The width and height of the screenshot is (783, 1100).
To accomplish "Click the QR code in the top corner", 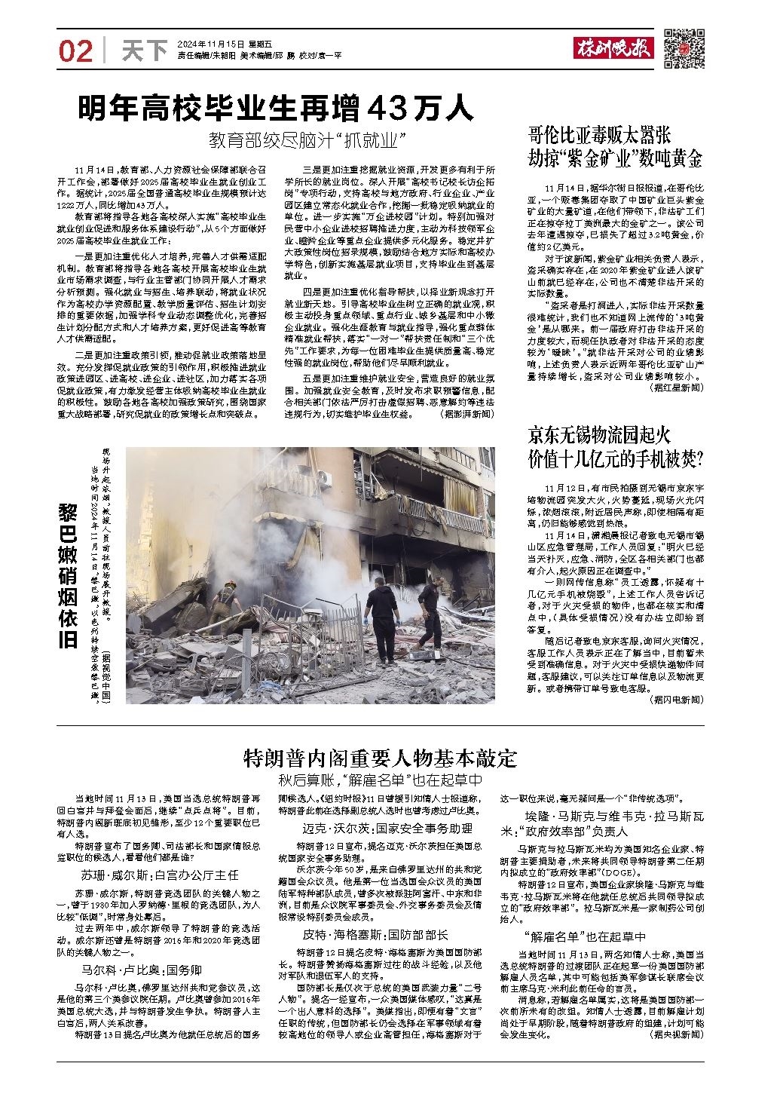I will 684,49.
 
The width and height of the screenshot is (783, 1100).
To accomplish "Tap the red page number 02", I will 75,51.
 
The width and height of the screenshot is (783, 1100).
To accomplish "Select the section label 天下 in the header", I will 143,51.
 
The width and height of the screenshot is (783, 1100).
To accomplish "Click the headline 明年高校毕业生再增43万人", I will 277,109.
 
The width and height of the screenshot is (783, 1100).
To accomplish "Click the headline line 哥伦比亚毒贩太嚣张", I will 599,136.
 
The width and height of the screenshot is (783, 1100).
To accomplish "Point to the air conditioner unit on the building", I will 325,478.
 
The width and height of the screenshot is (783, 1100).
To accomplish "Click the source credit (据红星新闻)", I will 676,387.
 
